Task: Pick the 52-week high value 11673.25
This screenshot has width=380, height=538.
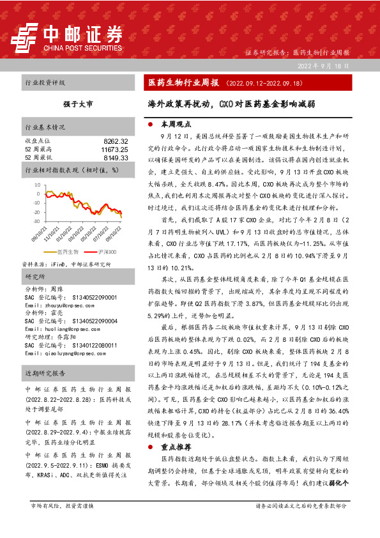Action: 115,148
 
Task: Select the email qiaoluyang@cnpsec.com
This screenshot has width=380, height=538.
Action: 61,353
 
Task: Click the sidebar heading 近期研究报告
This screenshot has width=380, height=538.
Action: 42,371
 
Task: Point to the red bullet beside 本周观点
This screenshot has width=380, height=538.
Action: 149,124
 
